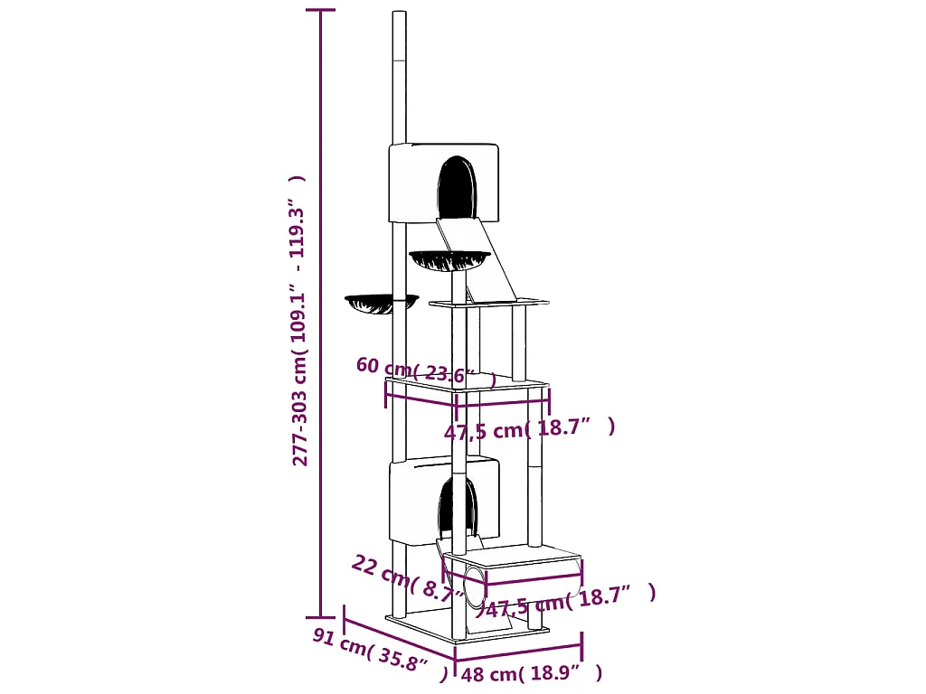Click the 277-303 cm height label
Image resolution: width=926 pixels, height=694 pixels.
(x=298, y=321)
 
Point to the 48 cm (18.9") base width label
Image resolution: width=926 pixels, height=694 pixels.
(x=532, y=672)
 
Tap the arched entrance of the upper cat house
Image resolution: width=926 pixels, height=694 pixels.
(x=457, y=186)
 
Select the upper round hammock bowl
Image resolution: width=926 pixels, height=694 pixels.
(x=450, y=259)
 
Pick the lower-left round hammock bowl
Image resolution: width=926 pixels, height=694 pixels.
(x=382, y=303)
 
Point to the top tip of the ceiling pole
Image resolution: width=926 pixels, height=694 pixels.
(x=399, y=11)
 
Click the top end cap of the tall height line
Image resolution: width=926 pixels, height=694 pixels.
(x=321, y=10)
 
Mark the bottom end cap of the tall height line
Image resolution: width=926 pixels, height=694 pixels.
(x=321, y=617)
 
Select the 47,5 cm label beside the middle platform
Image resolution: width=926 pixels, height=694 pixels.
(x=529, y=428)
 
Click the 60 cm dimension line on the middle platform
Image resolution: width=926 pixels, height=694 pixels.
(x=421, y=398)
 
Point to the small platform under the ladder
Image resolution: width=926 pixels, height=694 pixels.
(x=489, y=303)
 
